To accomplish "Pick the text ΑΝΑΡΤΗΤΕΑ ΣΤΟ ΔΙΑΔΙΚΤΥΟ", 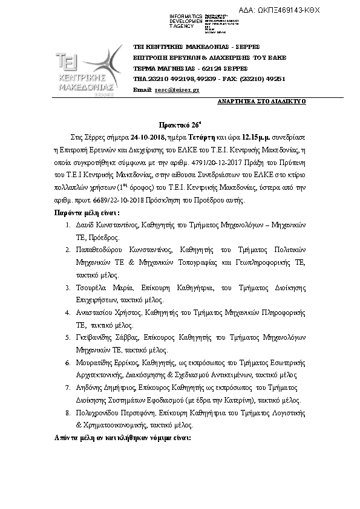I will pyautogui.click(x=261, y=101).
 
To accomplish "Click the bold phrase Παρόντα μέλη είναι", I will pyautogui.click(x=83, y=213).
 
